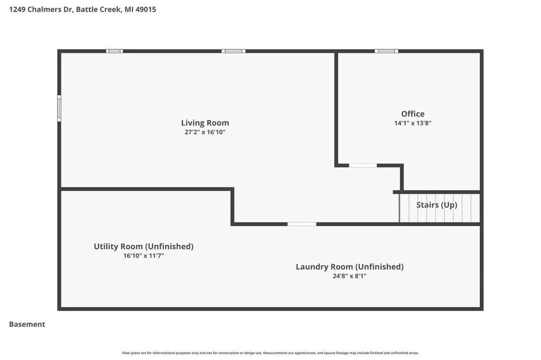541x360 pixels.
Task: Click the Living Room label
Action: tap(205, 123)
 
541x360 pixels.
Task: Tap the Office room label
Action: tap(413, 114)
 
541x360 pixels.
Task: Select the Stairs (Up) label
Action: tap(436, 205)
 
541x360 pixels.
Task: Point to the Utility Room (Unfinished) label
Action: tap(144, 247)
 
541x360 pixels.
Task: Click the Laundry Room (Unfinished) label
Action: tap(350, 267)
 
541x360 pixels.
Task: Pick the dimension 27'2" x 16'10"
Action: tap(205, 132)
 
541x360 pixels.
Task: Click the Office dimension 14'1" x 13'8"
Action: tap(413, 123)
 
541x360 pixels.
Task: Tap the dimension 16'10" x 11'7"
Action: tap(144, 256)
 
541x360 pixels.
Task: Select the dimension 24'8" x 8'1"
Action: tap(350, 276)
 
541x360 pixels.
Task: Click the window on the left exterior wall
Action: tap(59, 108)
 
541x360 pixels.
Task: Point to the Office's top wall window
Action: tap(386, 51)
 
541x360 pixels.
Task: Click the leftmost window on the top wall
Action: tap(114, 51)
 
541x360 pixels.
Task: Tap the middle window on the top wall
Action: tap(234, 51)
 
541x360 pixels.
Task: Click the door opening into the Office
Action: tap(363, 166)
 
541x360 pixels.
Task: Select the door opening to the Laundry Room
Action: tap(302, 224)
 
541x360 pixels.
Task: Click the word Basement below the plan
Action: tap(27, 324)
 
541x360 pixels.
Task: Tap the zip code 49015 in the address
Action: tap(146, 10)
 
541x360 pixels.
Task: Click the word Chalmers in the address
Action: tap(44, 10)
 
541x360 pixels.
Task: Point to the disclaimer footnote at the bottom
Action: tap(270, 353)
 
